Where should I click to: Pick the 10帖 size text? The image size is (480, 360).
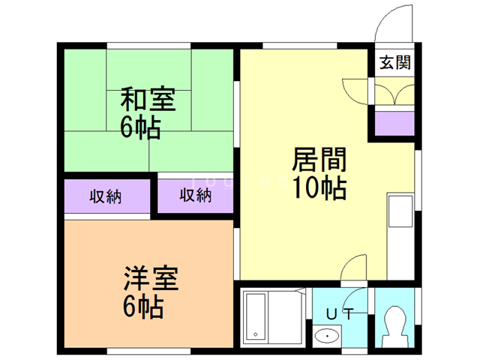(x=319, y=187)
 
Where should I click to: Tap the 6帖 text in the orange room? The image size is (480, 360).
(x=142, y=307)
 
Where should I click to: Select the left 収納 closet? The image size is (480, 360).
(x=106, y=197)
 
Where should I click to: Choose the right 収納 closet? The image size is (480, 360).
(x=195, y=197)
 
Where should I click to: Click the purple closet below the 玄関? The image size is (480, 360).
(x=394, y=123)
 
